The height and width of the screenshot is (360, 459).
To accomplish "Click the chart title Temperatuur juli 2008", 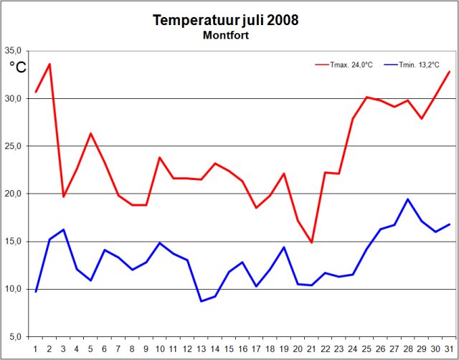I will (225, 20).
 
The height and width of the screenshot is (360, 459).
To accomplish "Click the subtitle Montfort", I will (225, 35).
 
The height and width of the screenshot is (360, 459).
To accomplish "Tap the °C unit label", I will (18, 67).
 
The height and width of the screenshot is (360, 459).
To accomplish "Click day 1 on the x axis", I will (36, 349).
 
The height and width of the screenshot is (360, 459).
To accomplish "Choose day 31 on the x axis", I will (449, 349).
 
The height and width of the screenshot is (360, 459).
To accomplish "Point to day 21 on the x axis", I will (311, 349).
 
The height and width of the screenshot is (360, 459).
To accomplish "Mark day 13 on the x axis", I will (202, 349).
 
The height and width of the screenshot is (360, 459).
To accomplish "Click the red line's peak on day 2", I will (49, 64).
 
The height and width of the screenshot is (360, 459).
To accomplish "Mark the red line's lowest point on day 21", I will (311, 242).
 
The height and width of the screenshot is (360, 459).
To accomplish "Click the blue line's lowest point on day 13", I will (202, 301).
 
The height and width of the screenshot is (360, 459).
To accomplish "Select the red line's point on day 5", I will (91, 133).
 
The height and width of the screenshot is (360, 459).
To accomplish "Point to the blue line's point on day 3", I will (63, 229).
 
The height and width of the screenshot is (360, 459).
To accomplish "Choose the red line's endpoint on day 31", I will (449, 72).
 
